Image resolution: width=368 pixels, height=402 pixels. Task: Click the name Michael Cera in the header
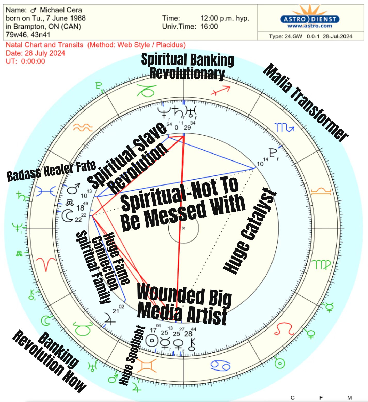(x=61, y=10)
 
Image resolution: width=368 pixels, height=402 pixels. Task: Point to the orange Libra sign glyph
(x=321, y=191)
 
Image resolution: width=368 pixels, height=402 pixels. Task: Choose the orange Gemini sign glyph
(x=147, y=366)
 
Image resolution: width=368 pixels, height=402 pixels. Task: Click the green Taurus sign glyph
(x=83, y=328)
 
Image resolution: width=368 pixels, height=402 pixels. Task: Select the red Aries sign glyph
(x=46, y=264)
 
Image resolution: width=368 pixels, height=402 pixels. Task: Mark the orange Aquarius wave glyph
(x=83, y=127)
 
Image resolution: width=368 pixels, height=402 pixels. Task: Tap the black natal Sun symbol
(x=152, y=340)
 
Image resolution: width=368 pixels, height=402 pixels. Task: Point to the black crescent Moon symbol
(x=68, y=216)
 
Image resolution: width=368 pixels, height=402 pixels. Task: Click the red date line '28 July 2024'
(x=36, y=53)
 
